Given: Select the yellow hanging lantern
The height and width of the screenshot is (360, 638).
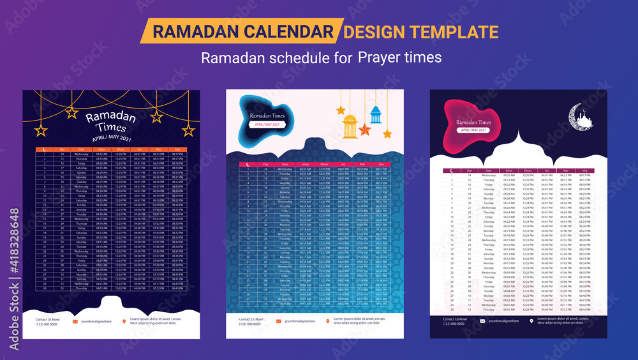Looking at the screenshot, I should pos(350,126).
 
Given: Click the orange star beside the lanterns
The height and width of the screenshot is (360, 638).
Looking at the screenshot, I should pos(365,129).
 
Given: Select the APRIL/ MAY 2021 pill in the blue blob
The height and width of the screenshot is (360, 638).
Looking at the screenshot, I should pos(268,124).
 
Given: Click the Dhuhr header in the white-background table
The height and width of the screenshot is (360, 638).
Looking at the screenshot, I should pos(528,170).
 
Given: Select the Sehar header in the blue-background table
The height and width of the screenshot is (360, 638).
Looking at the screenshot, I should pos(306,164).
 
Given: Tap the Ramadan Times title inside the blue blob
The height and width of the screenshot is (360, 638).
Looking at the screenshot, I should pos(267,116).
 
